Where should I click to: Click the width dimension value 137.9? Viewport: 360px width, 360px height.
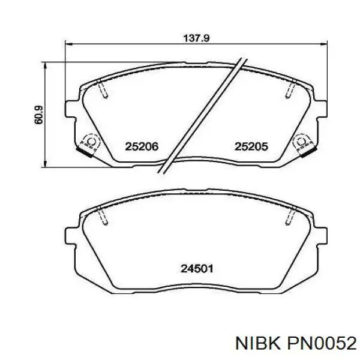pyautogui.click(x=196, y=38)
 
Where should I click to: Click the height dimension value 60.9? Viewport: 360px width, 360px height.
pyautogui.click(x=38, y=115)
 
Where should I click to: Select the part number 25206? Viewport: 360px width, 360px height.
pyautogui.click(x=142, y=146)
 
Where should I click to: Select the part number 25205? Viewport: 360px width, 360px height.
pyautogui.click(x=251, y=146)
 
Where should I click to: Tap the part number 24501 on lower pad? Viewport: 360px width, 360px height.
pyautogui.click(x=197, y=268)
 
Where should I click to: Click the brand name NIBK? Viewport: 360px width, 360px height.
pyautogui.click(x=258, y=344)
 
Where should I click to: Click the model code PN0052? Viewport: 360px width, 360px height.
pyautogui.click(x=321, y=344)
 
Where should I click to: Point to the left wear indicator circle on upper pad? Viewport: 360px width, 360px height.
pyautogui.click(x=91, y=142)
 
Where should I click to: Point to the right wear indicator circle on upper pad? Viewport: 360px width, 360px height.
pyautogui.click(x=301, y=142)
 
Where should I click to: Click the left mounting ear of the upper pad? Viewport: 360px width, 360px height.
pyautogui.click(x=70, y=109)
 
